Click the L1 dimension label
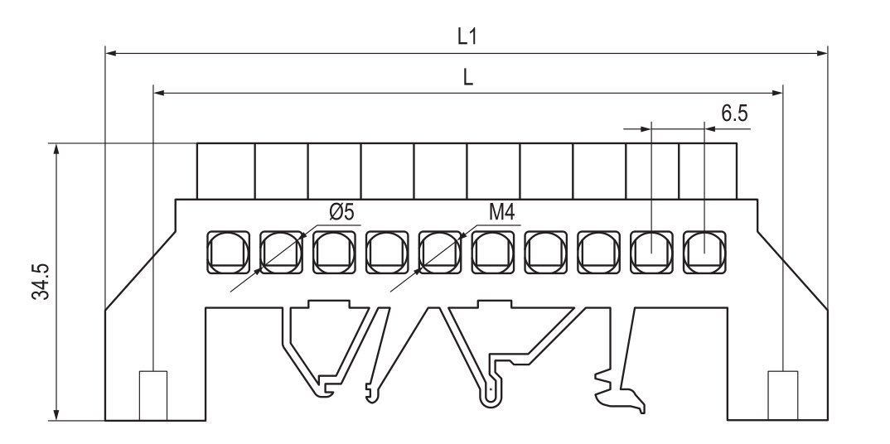(x=467, y=36)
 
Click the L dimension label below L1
(x=467, y=77)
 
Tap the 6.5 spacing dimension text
(x=734, y=113)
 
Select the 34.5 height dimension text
(x=41, y=282)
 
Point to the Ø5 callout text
(x=341, y=212)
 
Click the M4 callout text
(x=501, y=212)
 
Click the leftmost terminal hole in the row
(x=228, y=253)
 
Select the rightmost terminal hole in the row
(x=704, y=253)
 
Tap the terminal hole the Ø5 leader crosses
(x=281, y=253)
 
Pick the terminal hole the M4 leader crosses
(x=440, y=253)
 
